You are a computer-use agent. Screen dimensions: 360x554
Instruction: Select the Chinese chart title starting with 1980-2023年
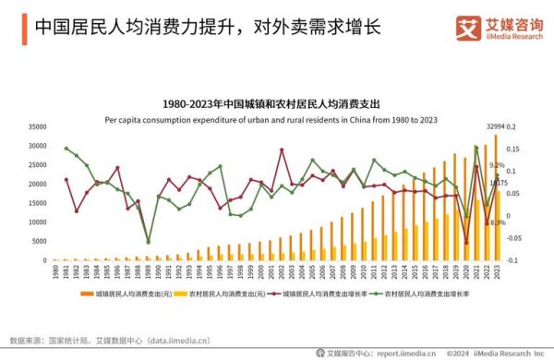[277, 104]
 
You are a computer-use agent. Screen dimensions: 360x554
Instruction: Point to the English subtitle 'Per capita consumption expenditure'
[277, 119]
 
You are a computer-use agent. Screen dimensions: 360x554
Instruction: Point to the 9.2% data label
[497, 165]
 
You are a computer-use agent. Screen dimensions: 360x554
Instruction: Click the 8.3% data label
[497, 222]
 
